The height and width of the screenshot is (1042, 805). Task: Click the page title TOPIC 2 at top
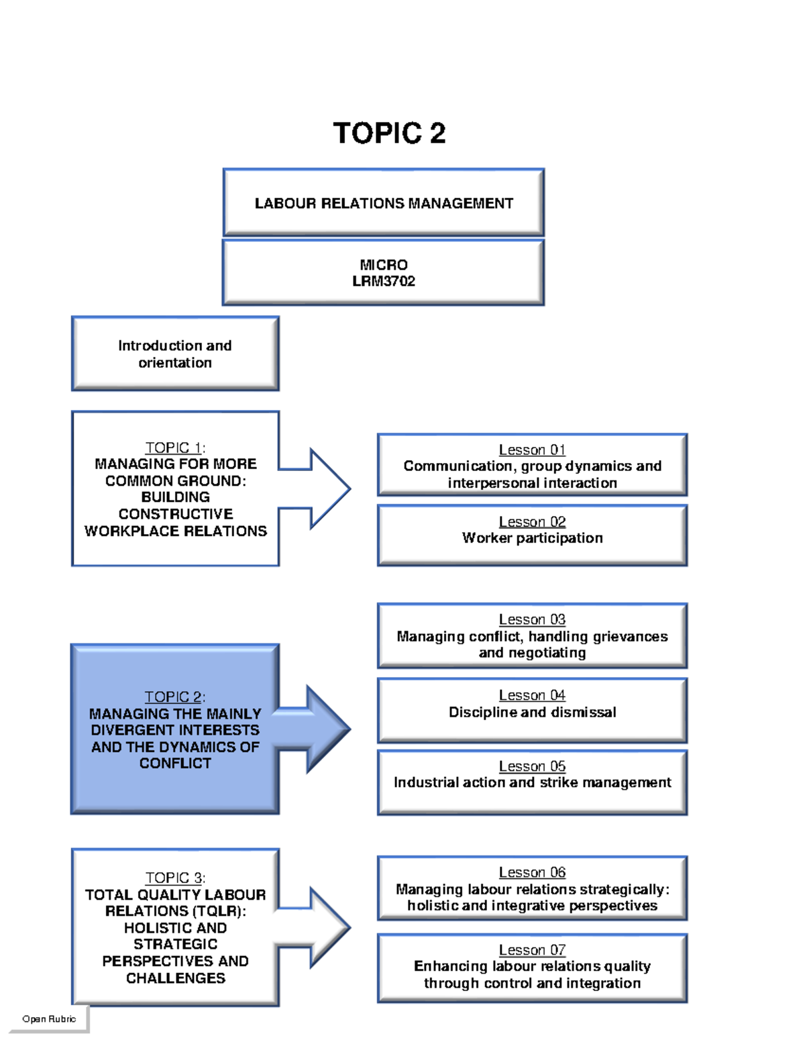(389, 133)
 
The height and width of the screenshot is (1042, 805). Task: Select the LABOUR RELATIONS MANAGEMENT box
(383, 203)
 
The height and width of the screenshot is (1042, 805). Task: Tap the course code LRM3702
(383, 281)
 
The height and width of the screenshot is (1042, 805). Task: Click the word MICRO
(383, 264)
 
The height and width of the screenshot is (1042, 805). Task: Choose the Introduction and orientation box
(175, 354)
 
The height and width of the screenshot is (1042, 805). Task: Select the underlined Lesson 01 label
(532, 450)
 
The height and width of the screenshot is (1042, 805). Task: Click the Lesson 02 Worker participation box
(532, 535)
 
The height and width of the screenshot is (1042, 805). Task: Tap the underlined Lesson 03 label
(532, 619)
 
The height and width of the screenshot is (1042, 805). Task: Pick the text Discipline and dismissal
(532, 712)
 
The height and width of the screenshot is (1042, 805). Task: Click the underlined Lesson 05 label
(532, 766)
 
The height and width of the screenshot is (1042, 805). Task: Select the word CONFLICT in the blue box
(175, 764)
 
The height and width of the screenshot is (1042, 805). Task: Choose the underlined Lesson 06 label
(532, 872)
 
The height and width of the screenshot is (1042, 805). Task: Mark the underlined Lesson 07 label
(532, 950)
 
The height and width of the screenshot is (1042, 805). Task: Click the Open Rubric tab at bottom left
(49, 1019)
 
